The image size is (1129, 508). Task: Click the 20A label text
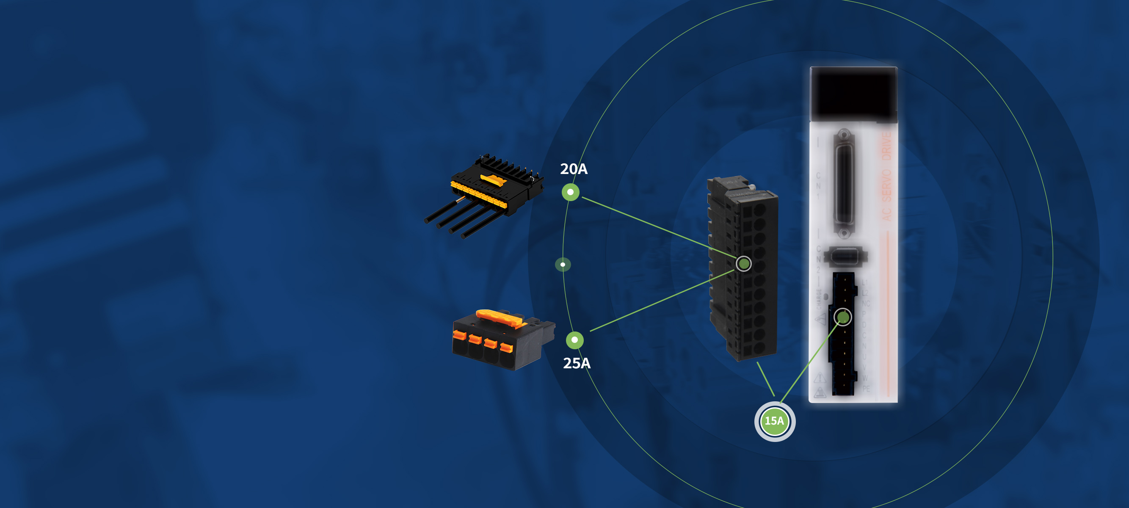point(574,169)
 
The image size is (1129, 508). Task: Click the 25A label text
point(576,363)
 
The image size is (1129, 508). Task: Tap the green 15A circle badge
point(774,421)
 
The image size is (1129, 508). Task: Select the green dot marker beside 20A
point(570,192)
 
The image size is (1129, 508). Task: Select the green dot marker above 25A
point(574,340)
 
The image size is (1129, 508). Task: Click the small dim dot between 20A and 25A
point(563,264)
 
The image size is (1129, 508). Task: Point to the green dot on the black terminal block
point(743,263)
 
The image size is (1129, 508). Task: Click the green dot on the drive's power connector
point(842,317)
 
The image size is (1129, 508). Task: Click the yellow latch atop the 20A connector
point(494,179)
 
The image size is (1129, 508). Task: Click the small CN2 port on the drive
point(844,256)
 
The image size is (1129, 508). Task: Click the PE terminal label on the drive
point(866,389)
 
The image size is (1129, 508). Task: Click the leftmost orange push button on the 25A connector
point(459,335)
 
